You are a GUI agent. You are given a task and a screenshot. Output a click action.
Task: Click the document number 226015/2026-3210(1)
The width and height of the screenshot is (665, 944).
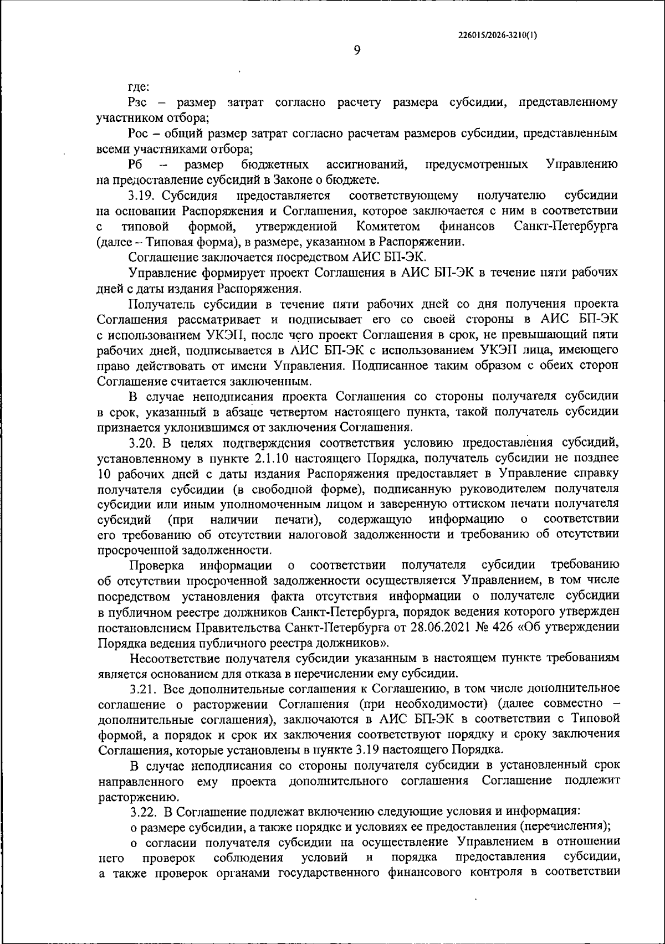click(498, 34)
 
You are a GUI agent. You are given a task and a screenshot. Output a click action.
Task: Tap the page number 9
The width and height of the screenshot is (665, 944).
click(357, 50)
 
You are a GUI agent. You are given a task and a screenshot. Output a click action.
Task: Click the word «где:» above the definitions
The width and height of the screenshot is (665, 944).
click(139, 87)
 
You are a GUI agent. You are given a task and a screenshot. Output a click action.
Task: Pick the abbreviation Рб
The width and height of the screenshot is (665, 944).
click(136, 165)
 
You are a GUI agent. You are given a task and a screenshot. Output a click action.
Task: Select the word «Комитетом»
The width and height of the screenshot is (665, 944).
click(388, 227)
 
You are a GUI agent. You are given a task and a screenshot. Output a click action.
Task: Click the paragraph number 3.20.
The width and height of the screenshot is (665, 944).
click(145, 443)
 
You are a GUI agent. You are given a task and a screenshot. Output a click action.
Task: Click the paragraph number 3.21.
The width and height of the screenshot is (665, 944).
click(145, 689)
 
